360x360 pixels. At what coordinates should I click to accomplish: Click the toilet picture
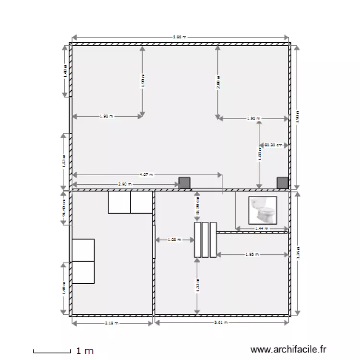[x=263, y=210]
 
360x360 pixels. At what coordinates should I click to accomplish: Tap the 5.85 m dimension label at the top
[x=180, y=37]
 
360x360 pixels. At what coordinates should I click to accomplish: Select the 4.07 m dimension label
[x=146, y=175]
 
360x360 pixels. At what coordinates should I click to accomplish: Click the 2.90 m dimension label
[x=124, y=184]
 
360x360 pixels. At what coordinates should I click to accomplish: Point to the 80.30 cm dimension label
[x=274, y=144]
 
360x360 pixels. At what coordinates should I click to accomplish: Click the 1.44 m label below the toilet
[x=261, y=228]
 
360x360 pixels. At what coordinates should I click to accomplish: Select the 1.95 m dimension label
[x=252, y=254]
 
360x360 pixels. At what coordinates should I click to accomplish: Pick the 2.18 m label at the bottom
[x=110, y=323]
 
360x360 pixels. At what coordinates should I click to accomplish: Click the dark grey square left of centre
[x=184, y=182]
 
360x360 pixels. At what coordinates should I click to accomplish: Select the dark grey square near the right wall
[x=283, y=182]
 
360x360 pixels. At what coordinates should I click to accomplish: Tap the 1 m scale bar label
[x=85, y=351]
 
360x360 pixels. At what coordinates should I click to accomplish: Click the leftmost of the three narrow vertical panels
[x=197, y=240]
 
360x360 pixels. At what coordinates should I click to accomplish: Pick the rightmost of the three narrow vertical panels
[x=213, y=240]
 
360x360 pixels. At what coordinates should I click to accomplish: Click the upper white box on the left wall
[x=83, y=250]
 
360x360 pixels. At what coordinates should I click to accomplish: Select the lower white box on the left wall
[x=83, y=273]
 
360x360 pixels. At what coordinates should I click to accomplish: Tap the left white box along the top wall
[x=119, y=202]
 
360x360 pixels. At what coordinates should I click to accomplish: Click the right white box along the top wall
[x=142, y=202]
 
